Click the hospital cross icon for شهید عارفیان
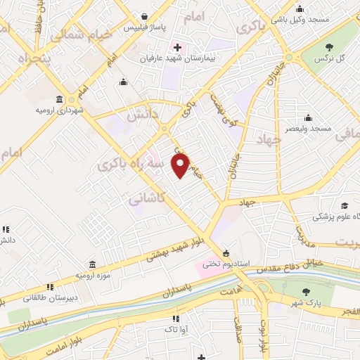pos(177,48)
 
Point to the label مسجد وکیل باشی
pos(300,20)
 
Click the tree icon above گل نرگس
pos(328,47)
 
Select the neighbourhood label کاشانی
pos(146,199)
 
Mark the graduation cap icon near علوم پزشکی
pos(345,205)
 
